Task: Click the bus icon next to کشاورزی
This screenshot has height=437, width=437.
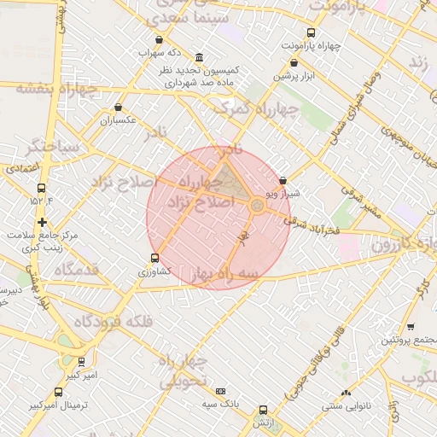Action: click(x=154, y=258)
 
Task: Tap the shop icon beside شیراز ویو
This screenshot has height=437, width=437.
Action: click(x=283, y=181)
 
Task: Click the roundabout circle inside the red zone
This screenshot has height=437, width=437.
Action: click(x=257, y=204)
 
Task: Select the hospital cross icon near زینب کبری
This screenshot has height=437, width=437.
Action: click(x=42, y=222)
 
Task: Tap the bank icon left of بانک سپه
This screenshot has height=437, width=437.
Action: click(x=221, y=391)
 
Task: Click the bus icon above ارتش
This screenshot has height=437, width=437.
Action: click(x=262, y=411)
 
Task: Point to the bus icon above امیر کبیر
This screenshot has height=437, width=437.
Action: click(x=82, y=362)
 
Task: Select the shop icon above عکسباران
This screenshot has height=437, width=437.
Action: click(x=118, y=108)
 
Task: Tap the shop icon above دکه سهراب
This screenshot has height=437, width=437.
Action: click(x=159, y=40)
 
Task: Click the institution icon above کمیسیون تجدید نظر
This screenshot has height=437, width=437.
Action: click(x=199, y=56)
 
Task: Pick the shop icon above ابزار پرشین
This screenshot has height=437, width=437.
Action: click(x=294, y=62)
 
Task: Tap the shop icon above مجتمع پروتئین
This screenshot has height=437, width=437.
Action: click(x=411, y=327)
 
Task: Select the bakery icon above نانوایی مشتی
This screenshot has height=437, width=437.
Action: click(x=346, y=393)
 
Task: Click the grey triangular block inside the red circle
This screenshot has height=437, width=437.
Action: click(x=226, y=180)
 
